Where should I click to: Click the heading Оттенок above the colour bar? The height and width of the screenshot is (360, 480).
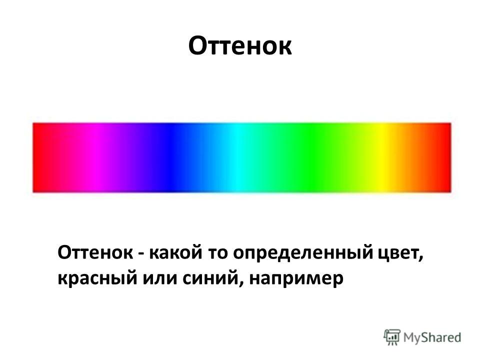coord(240,46)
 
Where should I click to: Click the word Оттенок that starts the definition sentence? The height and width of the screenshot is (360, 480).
coord(95,253)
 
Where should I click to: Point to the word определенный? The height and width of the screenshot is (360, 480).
coord(303,254)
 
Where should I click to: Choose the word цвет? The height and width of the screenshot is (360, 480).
coord(399,254)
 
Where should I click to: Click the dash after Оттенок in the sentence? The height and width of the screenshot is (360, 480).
coord(141,254)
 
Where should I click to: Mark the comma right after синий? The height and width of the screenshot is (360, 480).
coord(239,284)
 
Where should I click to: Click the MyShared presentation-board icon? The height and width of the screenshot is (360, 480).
coord(392,337)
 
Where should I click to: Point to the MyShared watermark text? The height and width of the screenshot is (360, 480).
coord(432,337)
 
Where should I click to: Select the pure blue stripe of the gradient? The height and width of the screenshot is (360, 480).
coord(172,157)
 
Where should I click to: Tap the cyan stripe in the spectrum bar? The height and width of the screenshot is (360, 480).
coord(236,157)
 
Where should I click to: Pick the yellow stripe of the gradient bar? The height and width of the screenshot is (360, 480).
coord(381,157)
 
